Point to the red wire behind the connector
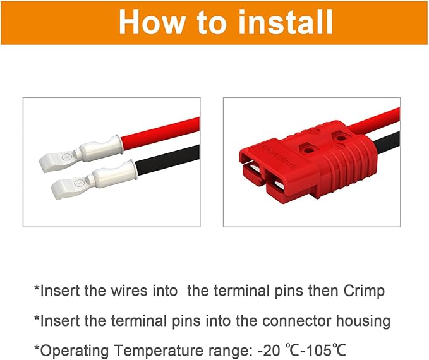[382, 119]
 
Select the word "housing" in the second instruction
[363, 321]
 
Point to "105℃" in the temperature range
[329, 349]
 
